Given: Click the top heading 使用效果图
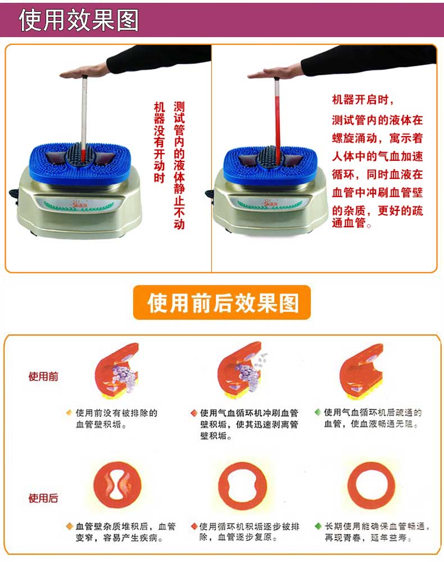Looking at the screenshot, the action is (x=79, y=20).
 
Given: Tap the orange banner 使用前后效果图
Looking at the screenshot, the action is (x=222, y=303).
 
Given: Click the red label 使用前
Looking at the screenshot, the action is (x=43, y=376).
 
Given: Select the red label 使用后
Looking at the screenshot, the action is (x=43, y=498).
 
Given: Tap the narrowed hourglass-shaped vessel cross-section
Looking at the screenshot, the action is (x=117, y=485).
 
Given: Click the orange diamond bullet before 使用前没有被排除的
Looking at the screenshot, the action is (x=69, y=413).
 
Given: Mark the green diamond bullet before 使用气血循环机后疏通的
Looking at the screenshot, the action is (x=318, y=412).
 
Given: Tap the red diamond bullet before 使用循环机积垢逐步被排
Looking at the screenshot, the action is (x=194, y=526).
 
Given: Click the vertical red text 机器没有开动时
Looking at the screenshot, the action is (x=160, y=142).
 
